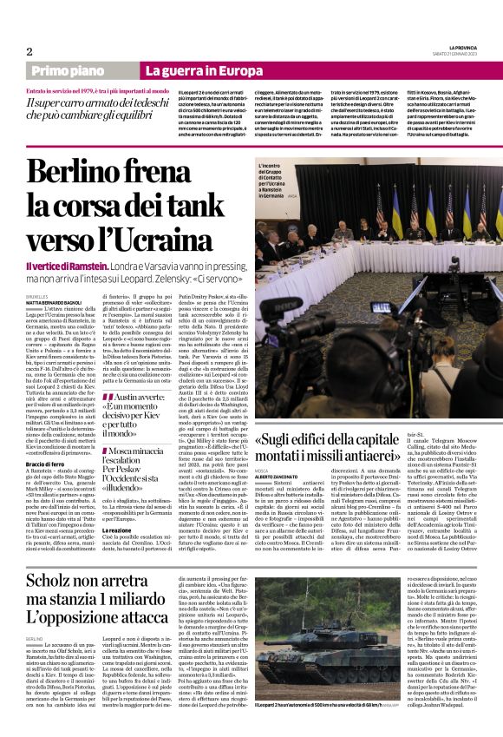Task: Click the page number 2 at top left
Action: [29, 51]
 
